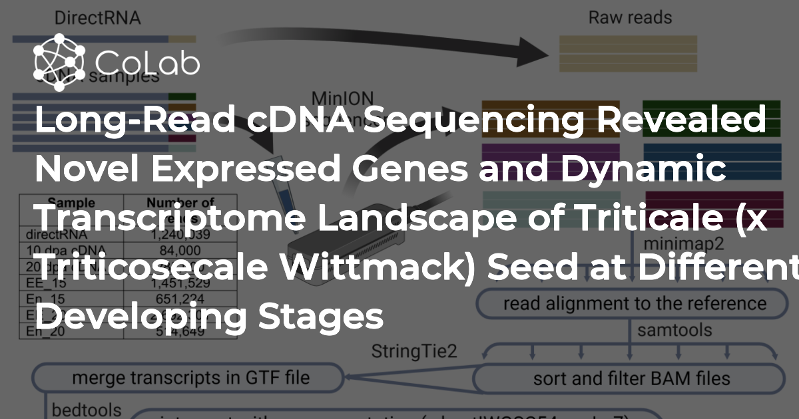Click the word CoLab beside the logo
click(x=147, y=63)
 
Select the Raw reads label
click(x=630, y=17)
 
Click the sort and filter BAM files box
click(x=631, y=379)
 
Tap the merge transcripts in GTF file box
click(x=190, y=377)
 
